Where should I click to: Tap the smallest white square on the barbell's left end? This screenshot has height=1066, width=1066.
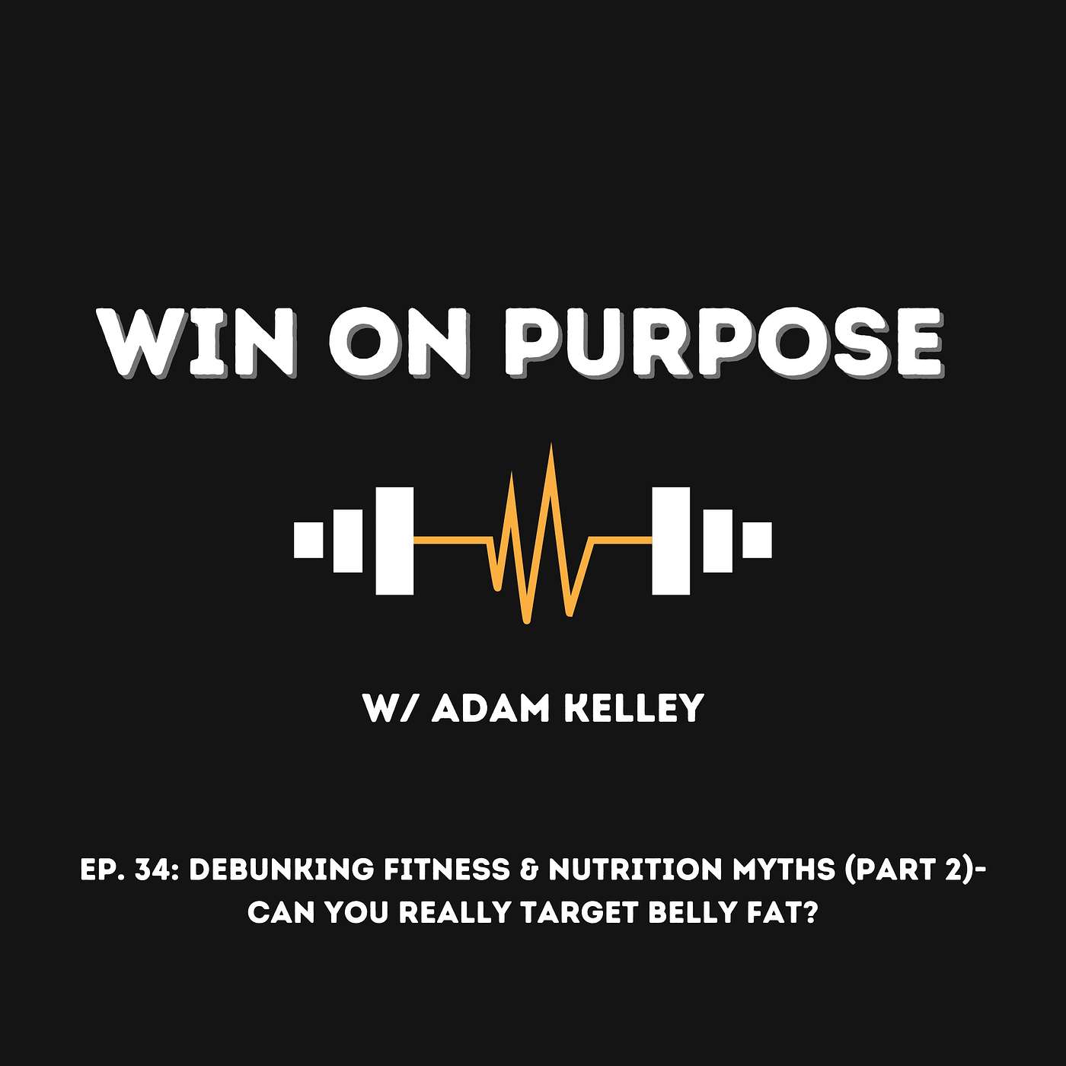tap(308, 540)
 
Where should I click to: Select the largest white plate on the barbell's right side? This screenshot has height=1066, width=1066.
tap(671, 540)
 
